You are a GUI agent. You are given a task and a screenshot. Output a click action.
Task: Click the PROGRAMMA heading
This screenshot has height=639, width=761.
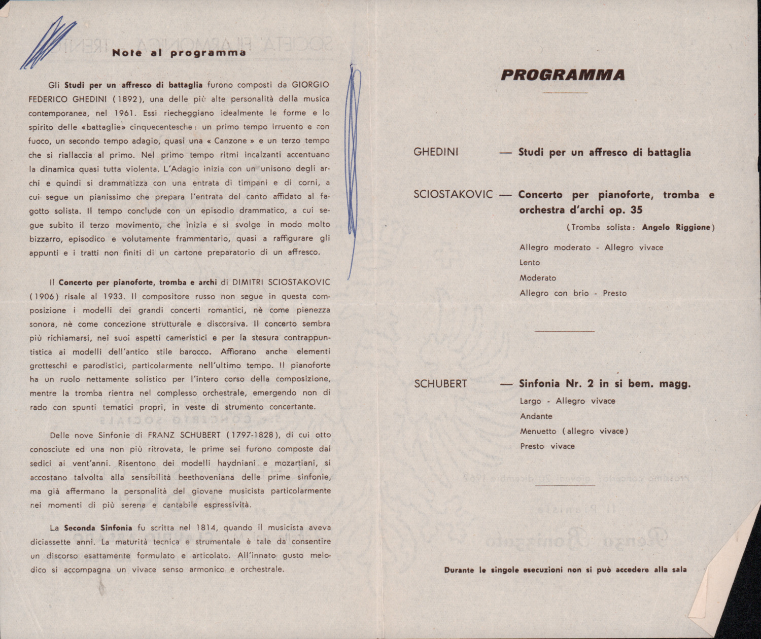coord(563,75)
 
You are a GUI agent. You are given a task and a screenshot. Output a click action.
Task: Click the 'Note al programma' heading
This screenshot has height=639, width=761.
coord(179,53)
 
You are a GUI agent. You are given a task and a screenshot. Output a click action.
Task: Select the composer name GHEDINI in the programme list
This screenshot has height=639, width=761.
coord(436,152)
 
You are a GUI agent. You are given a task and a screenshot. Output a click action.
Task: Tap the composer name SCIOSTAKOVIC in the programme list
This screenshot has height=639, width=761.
coord(453,195)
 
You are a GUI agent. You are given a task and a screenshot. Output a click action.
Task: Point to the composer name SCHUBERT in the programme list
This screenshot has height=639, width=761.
coord(440,384)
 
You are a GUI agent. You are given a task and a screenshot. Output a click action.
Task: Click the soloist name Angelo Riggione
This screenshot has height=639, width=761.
coord(676,227)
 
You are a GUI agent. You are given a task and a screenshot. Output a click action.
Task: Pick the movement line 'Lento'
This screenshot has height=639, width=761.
coord(530,263)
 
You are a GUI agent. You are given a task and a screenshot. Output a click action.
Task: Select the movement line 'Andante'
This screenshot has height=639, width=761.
coord(536,416)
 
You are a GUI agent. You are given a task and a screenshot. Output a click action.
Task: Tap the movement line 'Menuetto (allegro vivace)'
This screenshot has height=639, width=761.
coord(574,432)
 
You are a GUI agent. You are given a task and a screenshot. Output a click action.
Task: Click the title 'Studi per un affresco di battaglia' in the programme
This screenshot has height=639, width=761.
coord(604,152)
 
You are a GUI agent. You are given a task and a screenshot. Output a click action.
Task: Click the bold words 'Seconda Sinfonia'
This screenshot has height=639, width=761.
coord(98,528)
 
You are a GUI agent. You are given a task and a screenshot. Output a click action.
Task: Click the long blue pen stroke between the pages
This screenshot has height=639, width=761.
coord(354,167)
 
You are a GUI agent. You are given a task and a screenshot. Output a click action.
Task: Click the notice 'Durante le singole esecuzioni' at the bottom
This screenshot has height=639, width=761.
coord(565,570)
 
